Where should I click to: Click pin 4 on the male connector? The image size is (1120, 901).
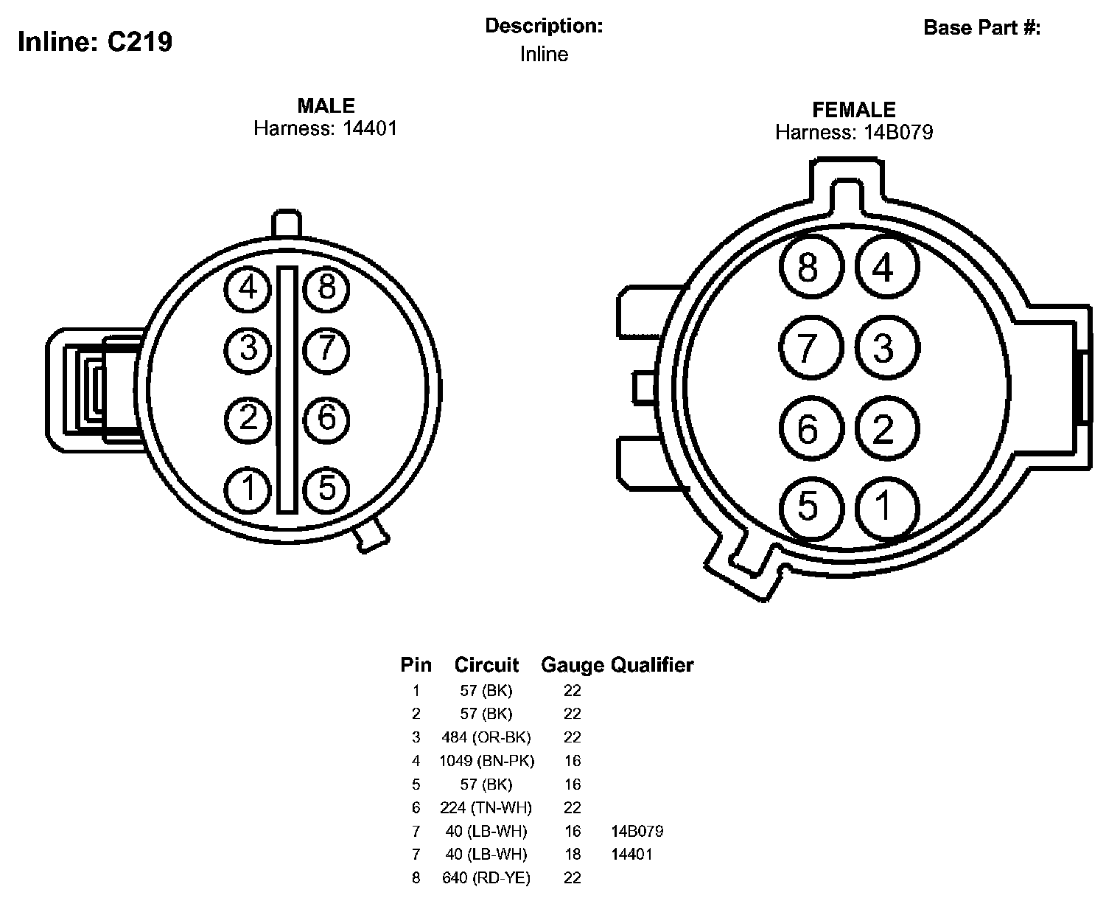coord(248,288)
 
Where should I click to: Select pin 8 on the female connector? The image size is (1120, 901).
coord(811,266)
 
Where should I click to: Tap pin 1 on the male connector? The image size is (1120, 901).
coord(248,490)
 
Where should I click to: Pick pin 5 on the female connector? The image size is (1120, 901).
coord(811,508)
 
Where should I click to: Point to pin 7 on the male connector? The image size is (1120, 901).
coord(326,349)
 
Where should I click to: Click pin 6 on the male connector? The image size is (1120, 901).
coord(326,420)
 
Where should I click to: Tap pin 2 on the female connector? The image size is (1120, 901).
coord(887,428)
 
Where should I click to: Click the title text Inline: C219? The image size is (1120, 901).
coord(95,42)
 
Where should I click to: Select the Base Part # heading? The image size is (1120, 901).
coord(982,27)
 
